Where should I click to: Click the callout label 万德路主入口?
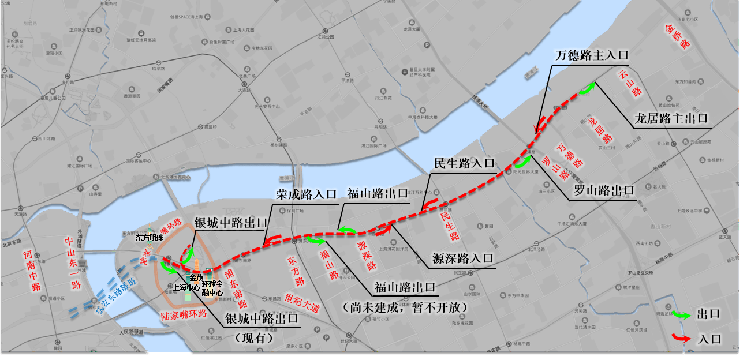(591, 55)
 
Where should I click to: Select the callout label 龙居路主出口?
(671, 119)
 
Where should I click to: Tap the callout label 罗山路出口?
(603, 190)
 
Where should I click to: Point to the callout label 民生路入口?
(464, 164)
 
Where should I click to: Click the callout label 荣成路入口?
(306, 194)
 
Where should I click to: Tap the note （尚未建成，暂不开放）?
(404, 307)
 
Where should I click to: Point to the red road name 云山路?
(630, 83)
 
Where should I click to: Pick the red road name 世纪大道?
(301, 304)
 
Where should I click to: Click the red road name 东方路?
(295, 272)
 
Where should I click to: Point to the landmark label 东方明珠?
(150, 237)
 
